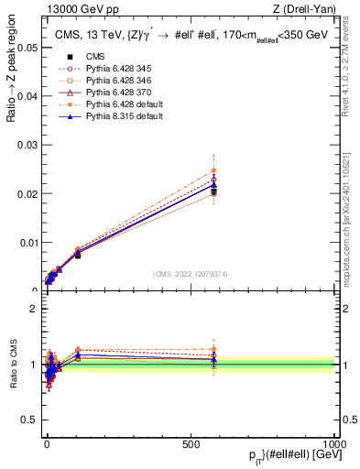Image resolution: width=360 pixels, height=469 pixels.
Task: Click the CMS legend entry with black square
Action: (84, 81)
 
